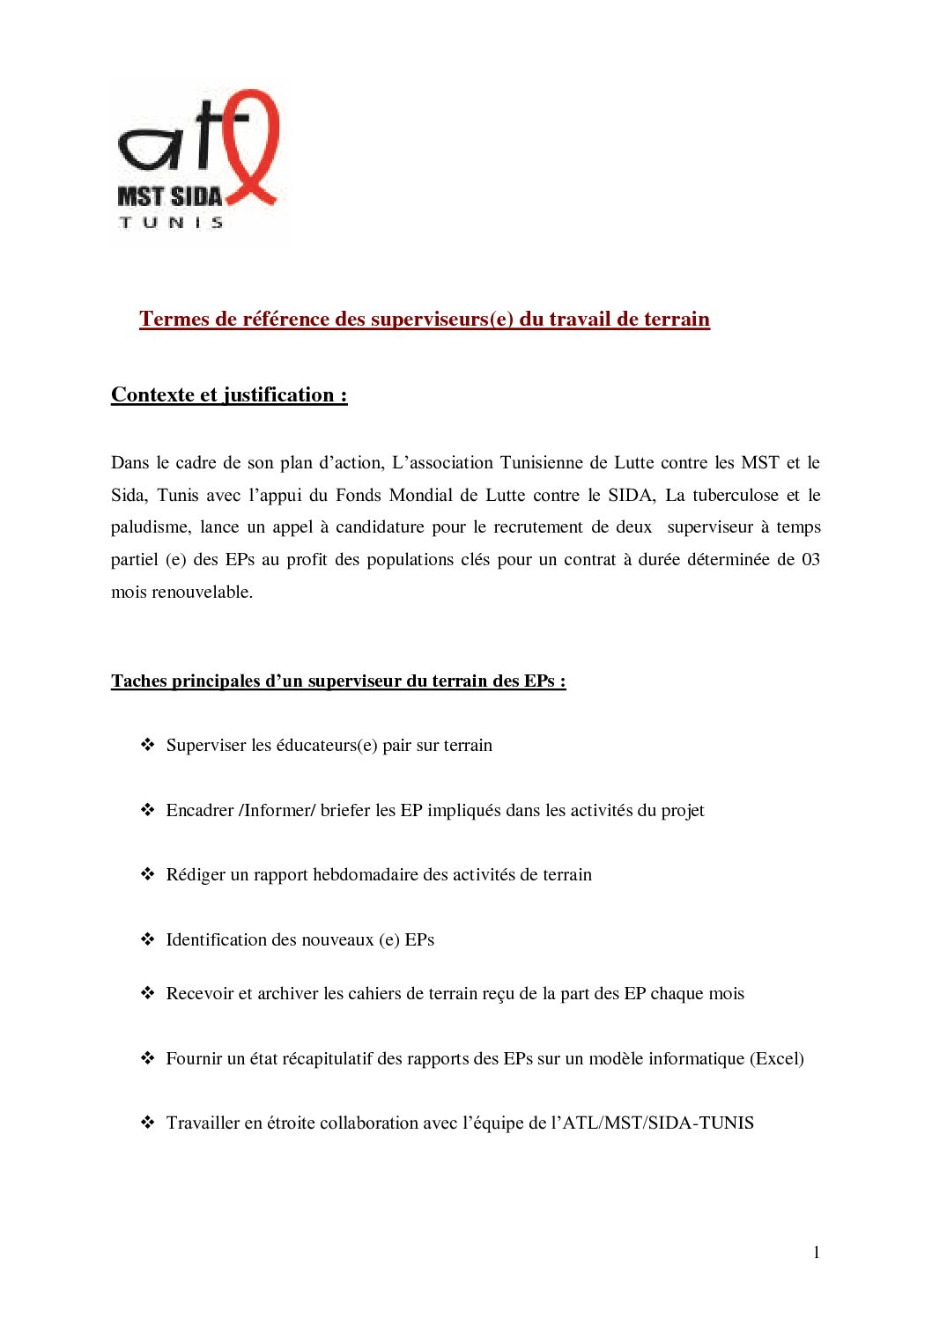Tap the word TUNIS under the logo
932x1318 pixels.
tap(171, 223)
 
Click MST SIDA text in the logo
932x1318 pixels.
tap(169, 196)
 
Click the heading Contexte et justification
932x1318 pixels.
tap(229, 394)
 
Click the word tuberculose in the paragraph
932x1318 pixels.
tap(736, 495)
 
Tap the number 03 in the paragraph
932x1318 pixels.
tap(810, 559)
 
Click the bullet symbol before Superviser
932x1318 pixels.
tap(148, 745)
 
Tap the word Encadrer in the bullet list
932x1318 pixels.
tap(200, 810)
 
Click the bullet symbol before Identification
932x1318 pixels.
tap(148, 939)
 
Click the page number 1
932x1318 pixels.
tap(817, 1252)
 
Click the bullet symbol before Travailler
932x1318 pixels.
tap(148, 1123)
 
